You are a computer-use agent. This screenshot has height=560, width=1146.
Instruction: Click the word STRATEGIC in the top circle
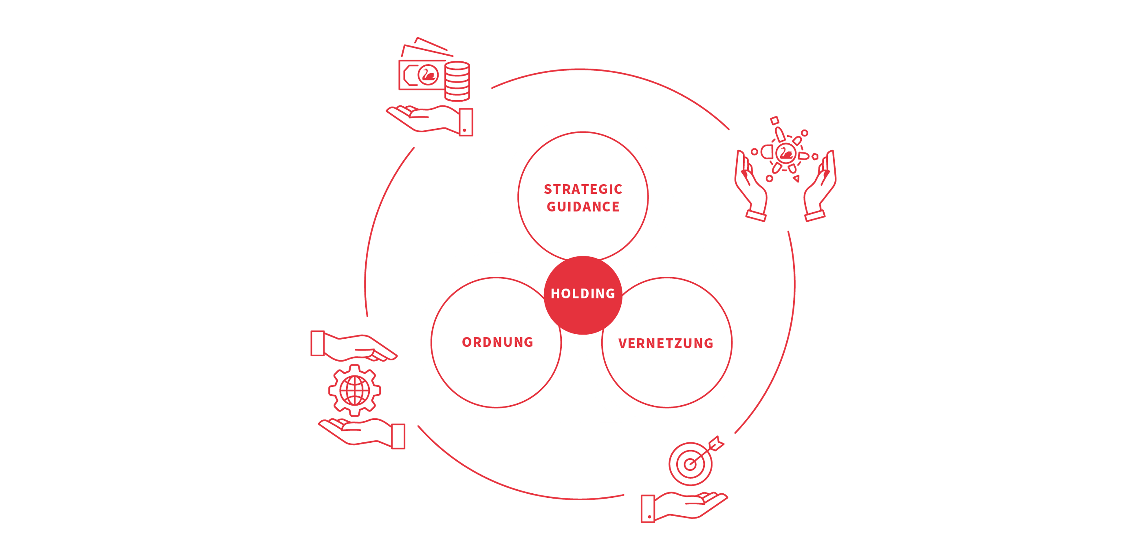(583, 189)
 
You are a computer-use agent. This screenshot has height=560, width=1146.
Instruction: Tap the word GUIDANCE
(583, 207)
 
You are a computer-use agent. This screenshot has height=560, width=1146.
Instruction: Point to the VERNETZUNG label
(666, 343)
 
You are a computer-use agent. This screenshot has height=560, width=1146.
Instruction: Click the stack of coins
(457, 81)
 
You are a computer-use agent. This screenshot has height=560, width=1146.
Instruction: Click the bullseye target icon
(690, 464)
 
